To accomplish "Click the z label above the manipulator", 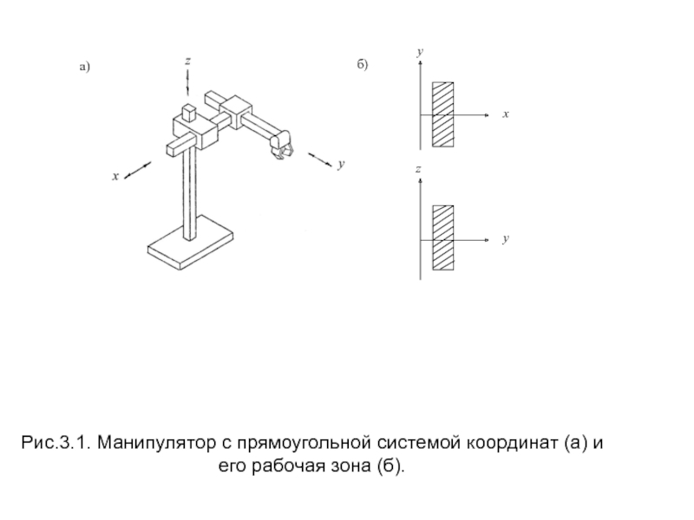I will point(187,62).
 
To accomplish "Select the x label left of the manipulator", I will point(114,177).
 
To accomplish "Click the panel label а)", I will point(84,67).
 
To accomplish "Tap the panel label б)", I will point(363,66).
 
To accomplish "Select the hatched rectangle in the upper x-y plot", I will point(443,114).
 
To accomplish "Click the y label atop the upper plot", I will point(419,53).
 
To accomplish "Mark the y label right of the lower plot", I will point(505,237).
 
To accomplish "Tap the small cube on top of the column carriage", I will point(187,114).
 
